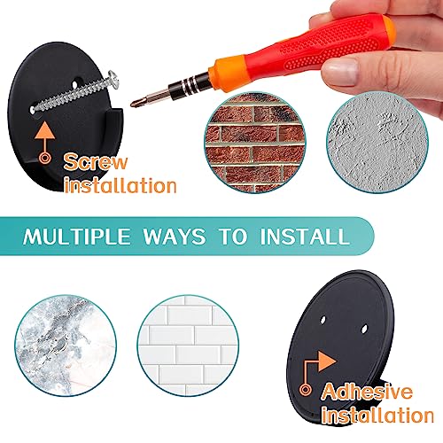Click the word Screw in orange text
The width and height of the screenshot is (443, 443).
pyautogui.click(x=96, y=162)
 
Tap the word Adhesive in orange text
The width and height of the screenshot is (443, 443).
pyautogui.click(x=368, y=392)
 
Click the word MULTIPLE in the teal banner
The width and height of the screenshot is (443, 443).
pyautogui.click(x=77, y=237)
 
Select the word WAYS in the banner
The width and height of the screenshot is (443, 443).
pyautogui.click(x=174, y=237)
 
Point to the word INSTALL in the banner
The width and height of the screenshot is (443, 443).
pyautogui.click(x=305, y=237)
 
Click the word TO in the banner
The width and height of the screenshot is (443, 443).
pyautogui.click(x=233, y=237)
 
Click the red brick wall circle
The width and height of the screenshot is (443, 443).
pyautogui.click(x=255, y=143)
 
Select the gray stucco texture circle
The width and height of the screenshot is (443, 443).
pyautogui.click(x=377, y=143)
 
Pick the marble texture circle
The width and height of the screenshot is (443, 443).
pyautogui.click(x=66, y=346)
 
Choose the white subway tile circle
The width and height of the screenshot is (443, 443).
pyautogui.click(x=188, y=346)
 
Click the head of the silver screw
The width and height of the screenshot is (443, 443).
pyautogui.click(x=113, y=79)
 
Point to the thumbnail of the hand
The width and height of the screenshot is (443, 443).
pyautogui.click(x=340, y=72)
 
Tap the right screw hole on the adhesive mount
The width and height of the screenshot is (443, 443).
pyautogui.click(x=364, y=329)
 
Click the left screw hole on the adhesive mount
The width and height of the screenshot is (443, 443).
pyautogui.click(x=323, y=320)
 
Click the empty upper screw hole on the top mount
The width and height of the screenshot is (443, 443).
pyautogui.click(x=75, y=83)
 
